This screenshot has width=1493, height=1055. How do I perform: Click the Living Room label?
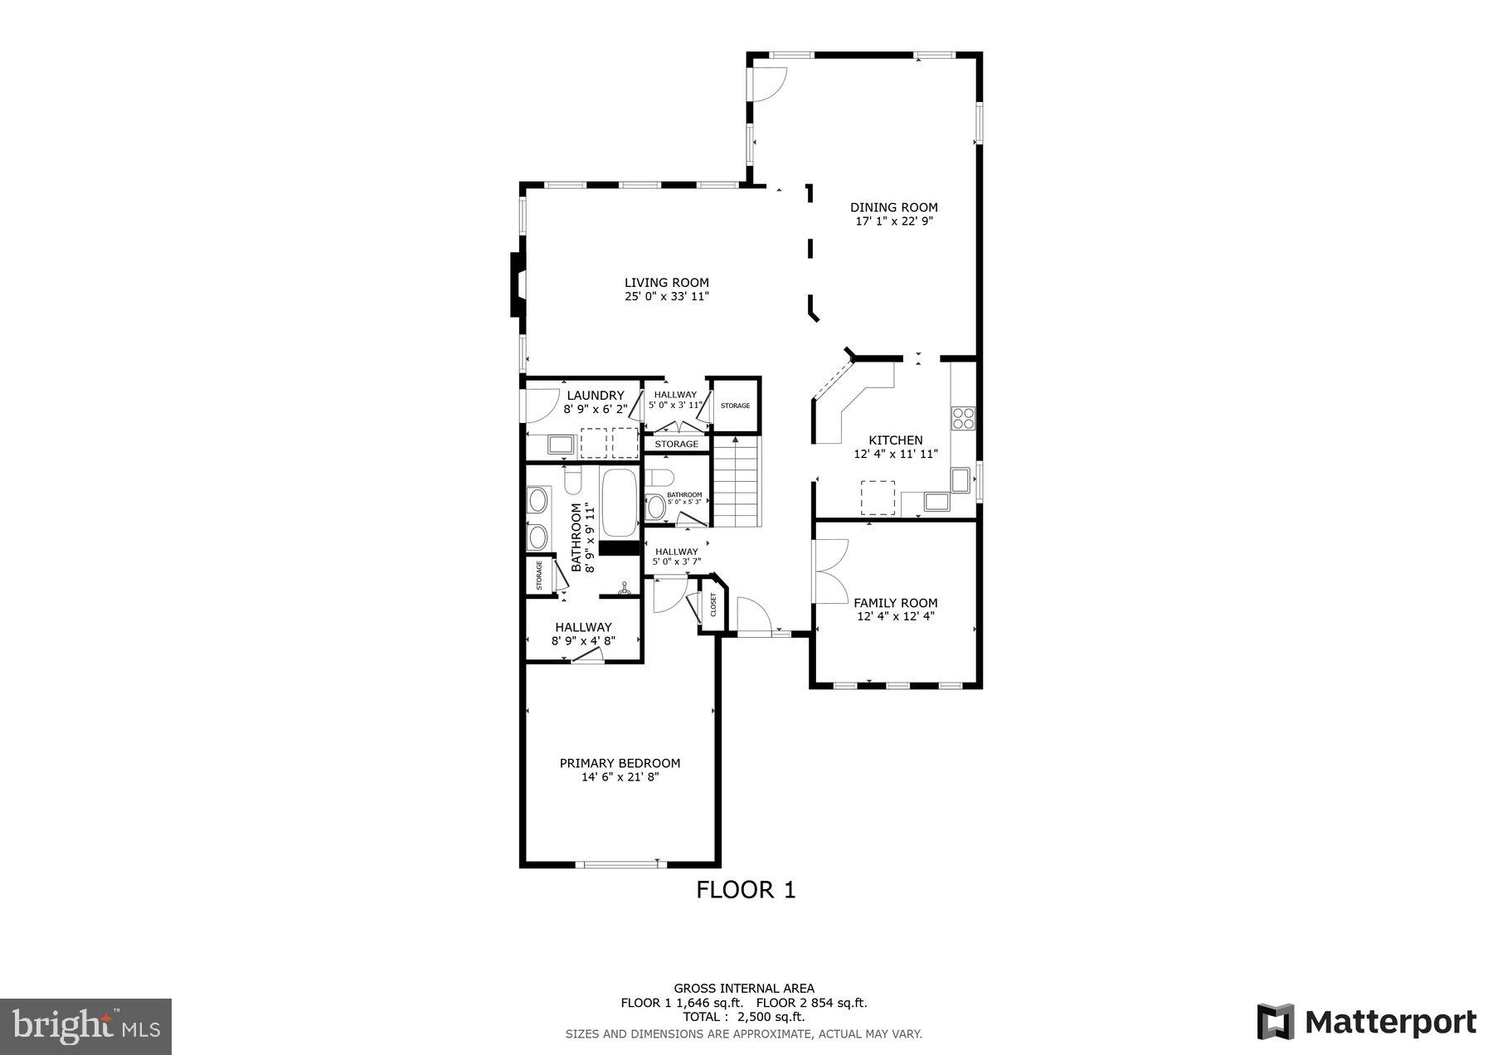[x=666, y=283]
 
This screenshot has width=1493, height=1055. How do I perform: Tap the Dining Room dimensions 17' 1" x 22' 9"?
[x=893, y=221]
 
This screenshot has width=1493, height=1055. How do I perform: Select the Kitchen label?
[x=895, y=440]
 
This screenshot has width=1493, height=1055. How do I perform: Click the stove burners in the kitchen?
[x=964, y=418]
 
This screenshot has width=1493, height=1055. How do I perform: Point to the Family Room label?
[x=895, y=603]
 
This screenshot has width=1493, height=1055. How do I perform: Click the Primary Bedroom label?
[x=620, y=763]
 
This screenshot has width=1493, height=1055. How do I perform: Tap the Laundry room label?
[x=595, y=396]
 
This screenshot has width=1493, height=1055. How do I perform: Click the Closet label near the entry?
[x=713, y=605]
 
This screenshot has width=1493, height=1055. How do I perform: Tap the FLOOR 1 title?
[x=745, y=890]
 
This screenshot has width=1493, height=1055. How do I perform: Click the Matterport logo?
[x=1366, y=1021]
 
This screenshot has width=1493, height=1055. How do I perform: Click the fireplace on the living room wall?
[x=517, y=284]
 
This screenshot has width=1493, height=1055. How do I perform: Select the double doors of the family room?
[x=830, y=571]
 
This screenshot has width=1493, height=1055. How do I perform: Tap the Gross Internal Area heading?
[x=743, y=988]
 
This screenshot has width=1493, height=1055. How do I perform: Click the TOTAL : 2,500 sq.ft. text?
[x=743, y=1016]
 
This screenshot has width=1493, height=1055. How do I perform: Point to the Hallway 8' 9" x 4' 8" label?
[x=583, y=634]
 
